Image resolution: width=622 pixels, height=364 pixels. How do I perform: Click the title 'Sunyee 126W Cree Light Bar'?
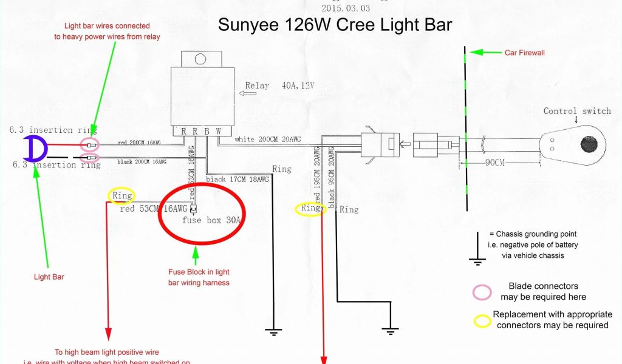point(335,25)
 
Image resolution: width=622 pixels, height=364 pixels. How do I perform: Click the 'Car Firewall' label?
point(525,53)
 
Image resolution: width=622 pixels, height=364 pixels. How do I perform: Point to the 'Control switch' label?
point(577,111)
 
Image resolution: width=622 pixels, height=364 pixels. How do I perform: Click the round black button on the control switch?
point(589,144)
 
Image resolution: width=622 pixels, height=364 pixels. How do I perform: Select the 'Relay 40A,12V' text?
point(280,86)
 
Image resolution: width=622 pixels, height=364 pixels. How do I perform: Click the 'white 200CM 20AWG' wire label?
point(268,140)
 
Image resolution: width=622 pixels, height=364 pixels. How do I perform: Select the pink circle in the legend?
point(482,292)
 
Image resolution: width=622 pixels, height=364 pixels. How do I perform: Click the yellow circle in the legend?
point(483,320)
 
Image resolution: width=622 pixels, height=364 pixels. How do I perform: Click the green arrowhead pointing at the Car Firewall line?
point(476,53)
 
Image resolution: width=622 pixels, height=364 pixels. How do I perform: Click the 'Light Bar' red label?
point(49,277)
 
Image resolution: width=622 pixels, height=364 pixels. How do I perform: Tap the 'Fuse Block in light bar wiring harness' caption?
point(199,277)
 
